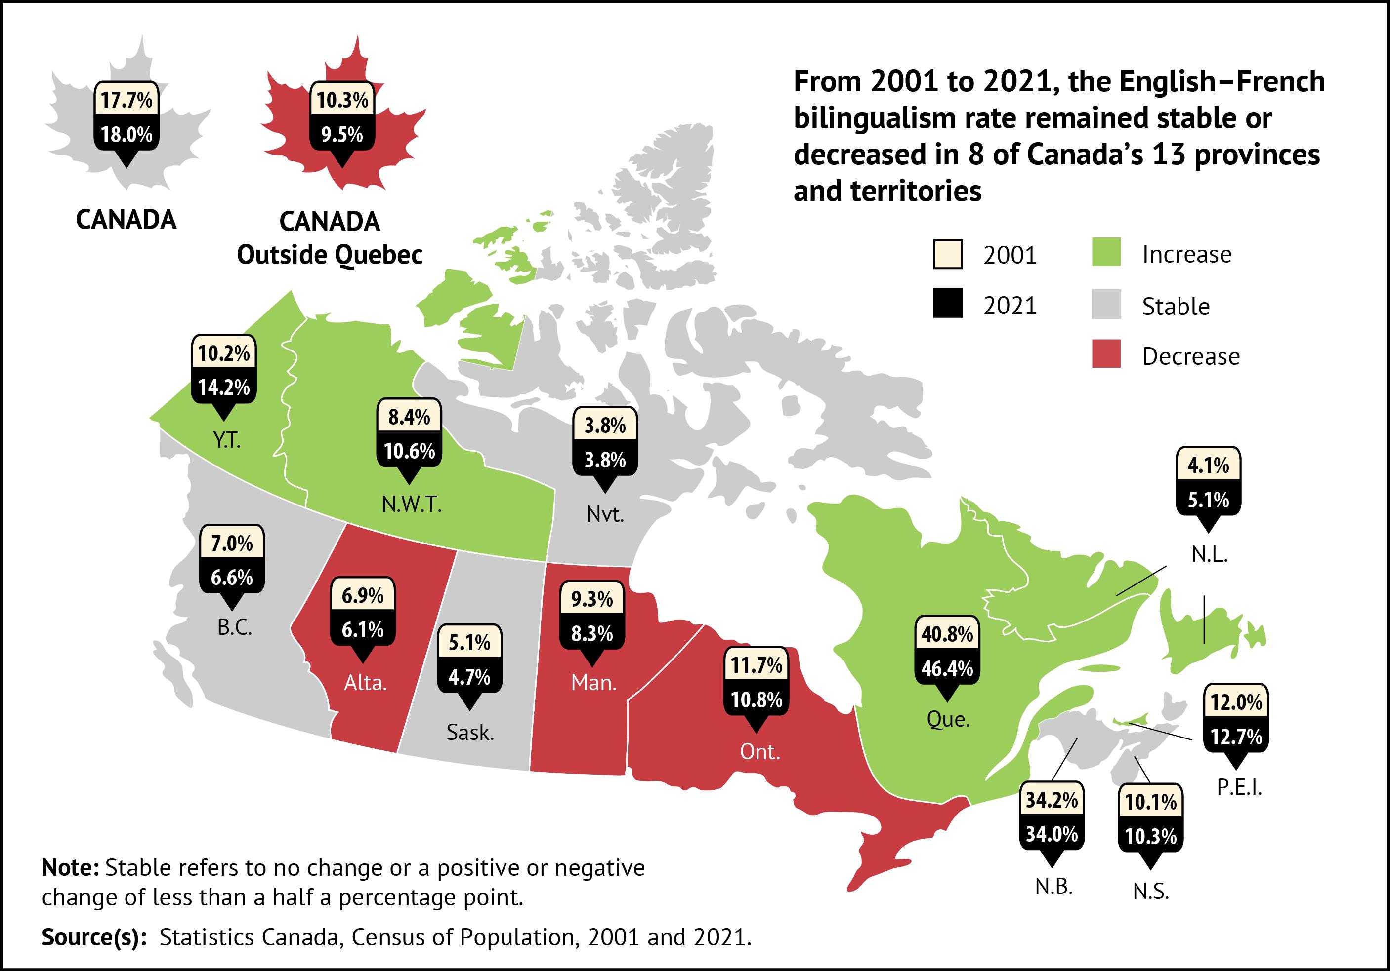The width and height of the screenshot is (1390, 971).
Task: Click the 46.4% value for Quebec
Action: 947,668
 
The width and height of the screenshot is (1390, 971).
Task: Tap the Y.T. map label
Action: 227,440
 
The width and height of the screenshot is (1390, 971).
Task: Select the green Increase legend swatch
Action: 1106,253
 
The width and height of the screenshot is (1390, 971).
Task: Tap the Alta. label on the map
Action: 365,683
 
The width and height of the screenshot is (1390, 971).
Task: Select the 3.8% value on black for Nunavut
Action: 605,461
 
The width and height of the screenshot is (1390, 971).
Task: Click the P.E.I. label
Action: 1239,788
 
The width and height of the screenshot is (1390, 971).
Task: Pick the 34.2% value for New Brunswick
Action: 1052,800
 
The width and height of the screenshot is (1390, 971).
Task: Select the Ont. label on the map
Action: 760,752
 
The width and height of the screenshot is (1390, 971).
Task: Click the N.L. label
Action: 1210,555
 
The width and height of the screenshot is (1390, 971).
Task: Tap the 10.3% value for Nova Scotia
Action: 1150,836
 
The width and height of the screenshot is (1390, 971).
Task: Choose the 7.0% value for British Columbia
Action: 231,544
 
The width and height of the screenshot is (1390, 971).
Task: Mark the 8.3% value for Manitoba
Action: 592,633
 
